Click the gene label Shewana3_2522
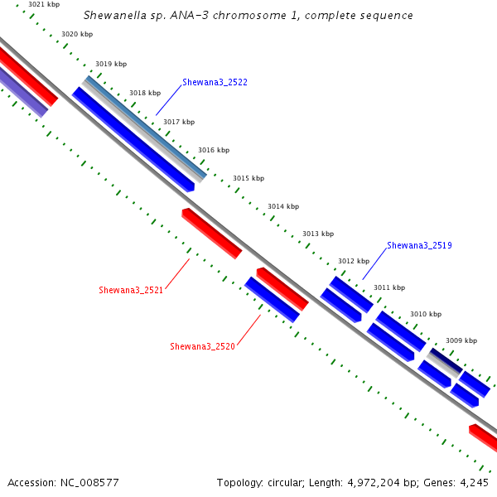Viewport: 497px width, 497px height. (215, 82)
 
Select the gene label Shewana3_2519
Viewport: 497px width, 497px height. (419, 245)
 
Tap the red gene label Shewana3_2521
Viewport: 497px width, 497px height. (131, 290)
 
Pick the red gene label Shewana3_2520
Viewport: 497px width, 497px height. (203, 346)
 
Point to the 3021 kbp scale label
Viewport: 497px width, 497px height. (44, 4)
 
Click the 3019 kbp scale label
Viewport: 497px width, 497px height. (111, 64)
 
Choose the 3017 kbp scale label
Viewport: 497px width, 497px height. (179, 122)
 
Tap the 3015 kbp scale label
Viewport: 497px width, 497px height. (248, 178)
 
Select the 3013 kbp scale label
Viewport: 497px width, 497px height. (318, 234)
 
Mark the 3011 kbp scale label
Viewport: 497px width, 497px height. (389, 287)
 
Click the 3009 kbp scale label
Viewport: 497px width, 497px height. (461, 340)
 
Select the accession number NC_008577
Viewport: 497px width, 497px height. (89, 483)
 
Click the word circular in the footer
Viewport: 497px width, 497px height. (286, 483)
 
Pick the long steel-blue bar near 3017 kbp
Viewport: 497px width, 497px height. (146, 126)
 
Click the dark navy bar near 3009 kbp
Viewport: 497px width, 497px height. (446, 360)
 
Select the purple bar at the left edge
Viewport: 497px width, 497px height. (23, 92)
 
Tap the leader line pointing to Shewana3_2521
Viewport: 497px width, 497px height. (177, 274)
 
